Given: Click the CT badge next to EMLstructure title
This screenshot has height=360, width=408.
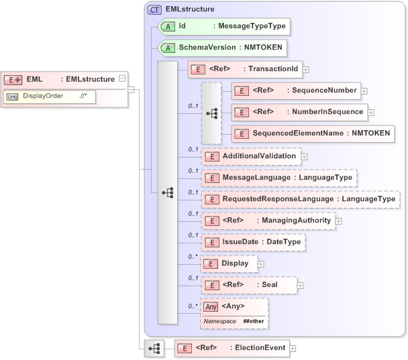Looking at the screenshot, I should coord(154,9).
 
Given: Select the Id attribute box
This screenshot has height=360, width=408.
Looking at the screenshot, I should coord(224,27).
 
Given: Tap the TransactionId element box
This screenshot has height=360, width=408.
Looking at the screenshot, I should coord(244,68).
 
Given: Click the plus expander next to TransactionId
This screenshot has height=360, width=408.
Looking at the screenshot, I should coord(305,68).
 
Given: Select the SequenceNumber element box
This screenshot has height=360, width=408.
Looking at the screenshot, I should coord(295,91).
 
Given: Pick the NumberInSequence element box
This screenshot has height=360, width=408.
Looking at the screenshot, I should coord(299,112).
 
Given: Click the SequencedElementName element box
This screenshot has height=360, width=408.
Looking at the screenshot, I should coord(312,133).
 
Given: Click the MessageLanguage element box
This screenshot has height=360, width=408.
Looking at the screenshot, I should coord(279,178).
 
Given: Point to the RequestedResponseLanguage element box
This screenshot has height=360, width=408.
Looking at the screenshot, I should coord(300,199).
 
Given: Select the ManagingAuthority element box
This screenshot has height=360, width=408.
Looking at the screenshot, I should coord(268,221).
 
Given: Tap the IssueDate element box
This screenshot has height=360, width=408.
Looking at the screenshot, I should coord(253,242).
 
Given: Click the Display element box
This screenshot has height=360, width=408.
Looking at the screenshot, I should coord(228,263).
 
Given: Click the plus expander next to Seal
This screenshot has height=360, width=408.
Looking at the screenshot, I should coord(300,285).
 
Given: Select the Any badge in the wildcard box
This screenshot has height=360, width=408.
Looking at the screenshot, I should coord(211,306).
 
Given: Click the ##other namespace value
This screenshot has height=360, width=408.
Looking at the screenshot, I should coord(253,322).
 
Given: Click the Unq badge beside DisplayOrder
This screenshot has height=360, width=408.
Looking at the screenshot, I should coord(12,96).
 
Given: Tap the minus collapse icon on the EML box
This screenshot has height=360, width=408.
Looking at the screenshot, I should coord(121,79).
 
